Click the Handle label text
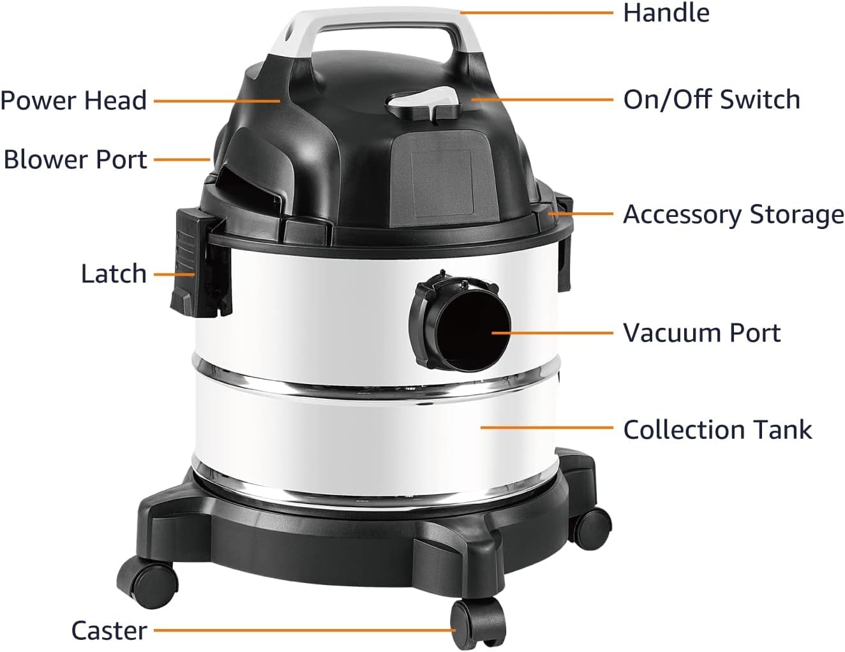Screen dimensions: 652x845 click(x=666, y=13)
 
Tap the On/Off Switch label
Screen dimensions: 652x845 click(x=711, y=100)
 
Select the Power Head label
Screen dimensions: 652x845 click(x=73, y=101)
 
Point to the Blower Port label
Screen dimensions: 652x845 click(x=75, y=159)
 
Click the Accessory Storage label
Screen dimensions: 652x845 click(x=733, y=215)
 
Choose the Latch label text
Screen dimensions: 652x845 click(x=114, y=274)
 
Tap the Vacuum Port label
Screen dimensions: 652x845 click(x=701, y=333)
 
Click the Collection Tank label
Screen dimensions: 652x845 click(x=717, y=429)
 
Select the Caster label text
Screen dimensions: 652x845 click(x=109, y=630)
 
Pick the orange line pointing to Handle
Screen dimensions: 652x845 click(x=536, y=12)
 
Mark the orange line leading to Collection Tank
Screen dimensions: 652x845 click(x=546, y=427)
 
